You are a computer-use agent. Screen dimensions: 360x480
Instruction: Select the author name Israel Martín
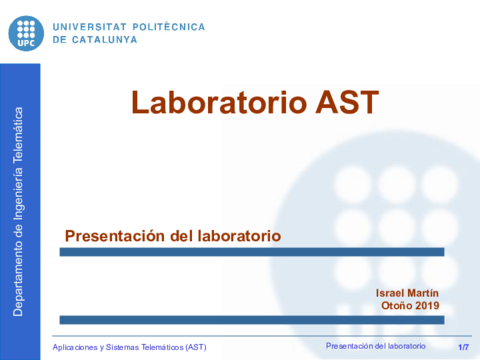(407, 291)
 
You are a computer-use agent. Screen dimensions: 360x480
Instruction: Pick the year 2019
(427, 305)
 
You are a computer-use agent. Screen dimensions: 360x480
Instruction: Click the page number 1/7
(463, 346)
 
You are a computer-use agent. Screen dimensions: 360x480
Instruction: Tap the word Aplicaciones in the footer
(80, 346)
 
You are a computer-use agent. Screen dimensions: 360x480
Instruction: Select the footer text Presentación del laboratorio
(375, 345)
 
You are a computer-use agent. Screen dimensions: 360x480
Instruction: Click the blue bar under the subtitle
(251, 252)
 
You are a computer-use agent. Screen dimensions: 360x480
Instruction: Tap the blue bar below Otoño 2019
(251, 319)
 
